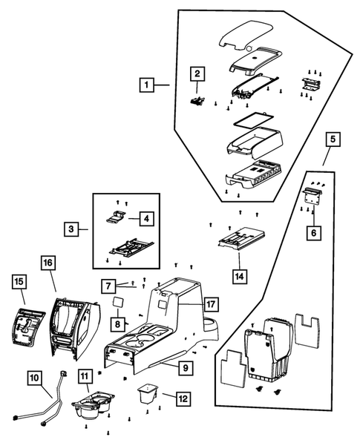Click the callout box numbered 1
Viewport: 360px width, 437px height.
(x=147, y=85)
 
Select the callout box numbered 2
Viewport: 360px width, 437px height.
(x=197, y=74)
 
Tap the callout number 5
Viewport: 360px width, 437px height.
(x=333, y=139)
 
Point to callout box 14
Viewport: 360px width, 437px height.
(x=240, y=277)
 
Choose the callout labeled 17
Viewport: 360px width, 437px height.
(x=211, y=304)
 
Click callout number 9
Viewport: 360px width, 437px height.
(x=186, y=368)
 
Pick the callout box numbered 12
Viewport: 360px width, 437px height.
(x=183, y=399)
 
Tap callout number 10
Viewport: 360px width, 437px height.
(x=35, y=378)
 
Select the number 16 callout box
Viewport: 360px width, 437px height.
(x=48, y=263)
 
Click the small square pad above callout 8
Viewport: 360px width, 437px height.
(x=118, y=303)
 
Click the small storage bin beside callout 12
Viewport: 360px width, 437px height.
(x=148, y=393)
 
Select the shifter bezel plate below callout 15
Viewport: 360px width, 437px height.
(x=28, y=326)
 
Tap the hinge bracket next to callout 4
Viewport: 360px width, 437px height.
(x=116, y=217)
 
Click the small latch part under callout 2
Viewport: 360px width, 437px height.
(x=197, y=101)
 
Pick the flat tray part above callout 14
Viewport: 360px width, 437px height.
(x=241, y=237)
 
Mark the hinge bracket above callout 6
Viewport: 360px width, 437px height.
(x=312, y=197)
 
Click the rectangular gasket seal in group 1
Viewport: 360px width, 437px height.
(x=254, y=120)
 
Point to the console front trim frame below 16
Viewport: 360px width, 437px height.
(x=74, y=329)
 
